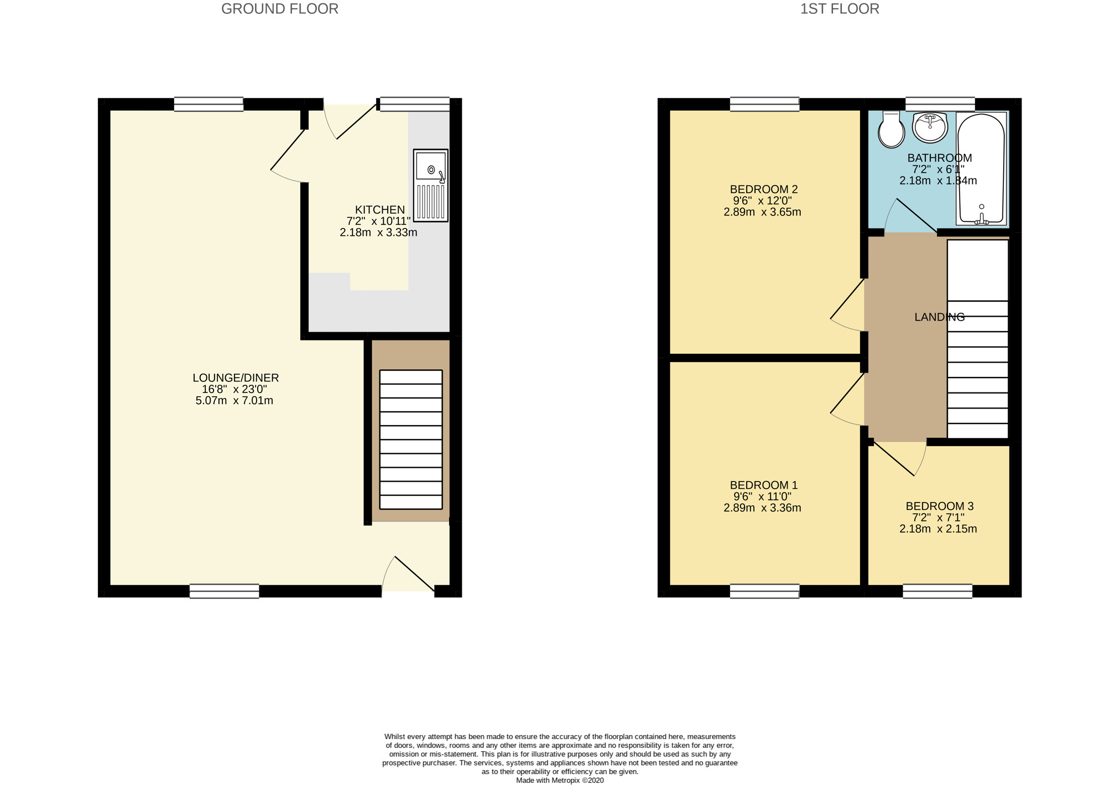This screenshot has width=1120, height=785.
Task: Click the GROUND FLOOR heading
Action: [279, 9]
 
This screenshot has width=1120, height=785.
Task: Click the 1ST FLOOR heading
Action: [839, 9]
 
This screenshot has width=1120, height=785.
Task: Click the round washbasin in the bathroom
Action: [930, 127]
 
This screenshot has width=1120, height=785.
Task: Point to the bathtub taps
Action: [982, 219]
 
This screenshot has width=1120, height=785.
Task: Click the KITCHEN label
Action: [379, 210]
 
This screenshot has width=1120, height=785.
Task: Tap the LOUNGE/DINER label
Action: [236, 378]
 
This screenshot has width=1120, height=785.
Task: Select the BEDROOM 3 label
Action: [939, 506]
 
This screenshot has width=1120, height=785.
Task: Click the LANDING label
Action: [939, 317]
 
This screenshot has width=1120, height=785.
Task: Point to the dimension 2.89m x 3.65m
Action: [762, 212]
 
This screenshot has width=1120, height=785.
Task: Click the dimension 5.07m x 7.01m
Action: [235, 401]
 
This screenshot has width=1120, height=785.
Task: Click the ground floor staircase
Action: [411, 440]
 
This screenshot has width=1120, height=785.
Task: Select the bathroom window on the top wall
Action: [940, 104]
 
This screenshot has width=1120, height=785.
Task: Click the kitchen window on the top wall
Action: [414, 104]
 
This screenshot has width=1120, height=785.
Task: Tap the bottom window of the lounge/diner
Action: [224, 591]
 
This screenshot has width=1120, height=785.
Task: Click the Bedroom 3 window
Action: [937, 591]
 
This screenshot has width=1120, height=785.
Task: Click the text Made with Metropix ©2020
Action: [560, 781]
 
